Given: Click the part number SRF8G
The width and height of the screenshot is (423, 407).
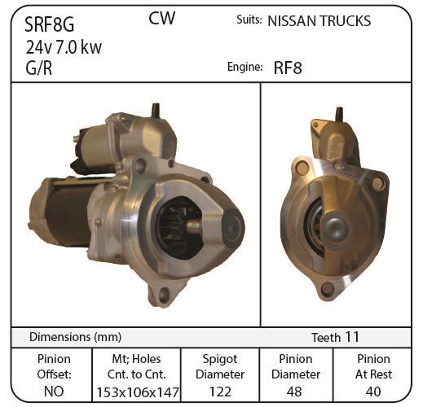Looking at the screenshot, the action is [x=49, y=24].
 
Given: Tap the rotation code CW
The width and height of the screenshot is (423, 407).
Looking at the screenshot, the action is [x=161, y=18].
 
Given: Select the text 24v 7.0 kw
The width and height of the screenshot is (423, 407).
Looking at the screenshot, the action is [x=64, y=47].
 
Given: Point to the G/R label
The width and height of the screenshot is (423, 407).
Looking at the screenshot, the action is [x=39, y=68].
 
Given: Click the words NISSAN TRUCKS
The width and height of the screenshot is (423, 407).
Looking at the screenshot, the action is [x=319, y=21].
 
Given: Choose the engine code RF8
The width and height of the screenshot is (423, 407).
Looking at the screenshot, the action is [x=288, y=68].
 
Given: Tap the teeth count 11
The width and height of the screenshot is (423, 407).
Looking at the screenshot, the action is [x=351, y=337].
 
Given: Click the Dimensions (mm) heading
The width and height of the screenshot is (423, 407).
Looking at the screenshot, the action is [x=75, y=337].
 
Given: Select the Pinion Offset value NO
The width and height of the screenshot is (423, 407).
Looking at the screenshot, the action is [x=54, y=392].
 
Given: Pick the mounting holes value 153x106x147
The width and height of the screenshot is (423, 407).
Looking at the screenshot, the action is [x=138, y=392].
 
